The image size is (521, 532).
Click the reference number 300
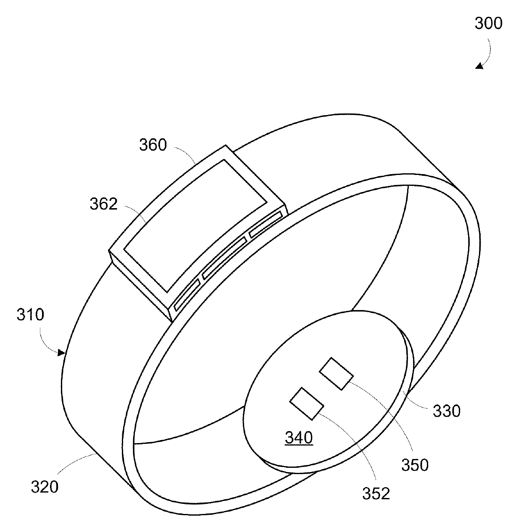coord(488,23)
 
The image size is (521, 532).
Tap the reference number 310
coord(31,315)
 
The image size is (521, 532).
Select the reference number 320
coord(45,487)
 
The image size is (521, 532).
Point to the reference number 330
coord(447,411)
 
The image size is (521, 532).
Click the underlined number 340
coord(299,438)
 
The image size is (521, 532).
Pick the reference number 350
coord(415,464)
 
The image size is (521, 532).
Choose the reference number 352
coord(376,494)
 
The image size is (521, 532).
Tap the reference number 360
coord(153,145)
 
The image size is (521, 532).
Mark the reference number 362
coord(103,204)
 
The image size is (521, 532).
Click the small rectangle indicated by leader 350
coord(336,373)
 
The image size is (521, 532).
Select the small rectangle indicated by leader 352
coord(306,404)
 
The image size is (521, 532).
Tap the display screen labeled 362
coord(195,224)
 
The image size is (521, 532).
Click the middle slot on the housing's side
coord(225,257)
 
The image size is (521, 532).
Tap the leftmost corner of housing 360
coord(110,251)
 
